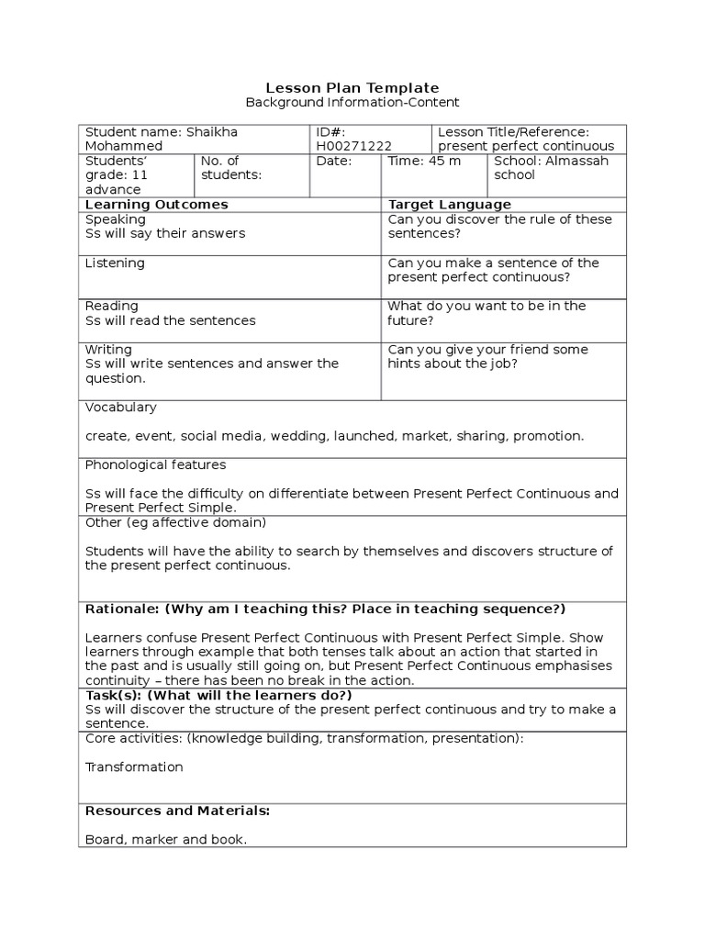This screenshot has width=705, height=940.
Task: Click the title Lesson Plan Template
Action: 352,87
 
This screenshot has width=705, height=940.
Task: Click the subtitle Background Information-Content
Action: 352,103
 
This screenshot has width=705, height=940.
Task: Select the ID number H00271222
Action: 352,146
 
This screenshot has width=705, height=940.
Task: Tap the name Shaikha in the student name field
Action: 211,132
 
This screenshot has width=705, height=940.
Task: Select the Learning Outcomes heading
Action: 156,204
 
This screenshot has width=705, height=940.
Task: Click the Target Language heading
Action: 450,204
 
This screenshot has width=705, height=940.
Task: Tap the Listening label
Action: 115,263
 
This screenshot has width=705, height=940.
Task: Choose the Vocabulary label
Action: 120,407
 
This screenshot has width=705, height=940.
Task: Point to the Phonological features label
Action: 155,464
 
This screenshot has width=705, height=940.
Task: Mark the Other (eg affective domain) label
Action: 175,522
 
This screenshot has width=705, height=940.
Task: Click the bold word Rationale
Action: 120,609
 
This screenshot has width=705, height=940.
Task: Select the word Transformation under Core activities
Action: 134,767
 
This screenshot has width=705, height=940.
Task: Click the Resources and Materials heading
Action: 177,811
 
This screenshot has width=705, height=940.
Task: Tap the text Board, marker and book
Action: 166,839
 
